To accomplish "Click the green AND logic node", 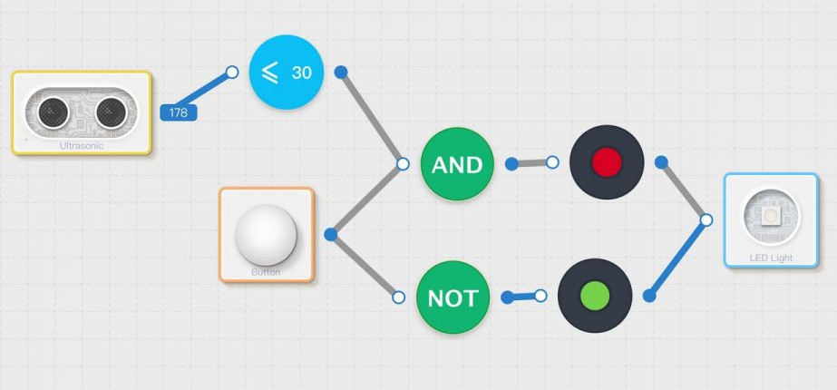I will (456, 164).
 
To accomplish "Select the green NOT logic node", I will (453, 297).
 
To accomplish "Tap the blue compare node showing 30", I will (287, 72).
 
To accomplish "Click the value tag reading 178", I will (178, 112).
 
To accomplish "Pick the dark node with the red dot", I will (607, 162).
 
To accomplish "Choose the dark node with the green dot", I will (594, 296).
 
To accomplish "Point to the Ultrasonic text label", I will (82, 145).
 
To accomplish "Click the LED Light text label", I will (771, 258).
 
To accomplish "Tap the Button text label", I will (266, 272).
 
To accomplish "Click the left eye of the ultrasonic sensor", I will (54, 111).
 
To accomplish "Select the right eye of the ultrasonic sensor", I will (111, 111).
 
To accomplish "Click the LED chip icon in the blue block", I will (771, 216).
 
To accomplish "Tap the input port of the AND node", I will (403, 164).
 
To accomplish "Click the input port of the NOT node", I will (398, 297).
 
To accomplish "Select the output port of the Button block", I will (330, 235).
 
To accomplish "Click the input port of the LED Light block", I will (706, 219).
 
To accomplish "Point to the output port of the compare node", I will (341, 72).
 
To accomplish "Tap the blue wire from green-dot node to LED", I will (677, 258).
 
